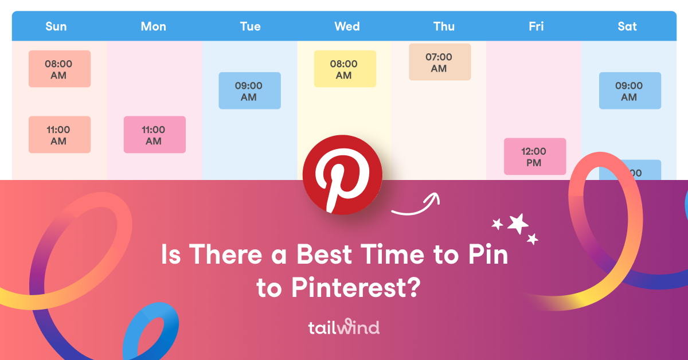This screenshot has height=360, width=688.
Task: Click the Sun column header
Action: point(56,26)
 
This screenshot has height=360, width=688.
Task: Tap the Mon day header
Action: point(153,26)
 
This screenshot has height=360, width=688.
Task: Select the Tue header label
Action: point(250,26)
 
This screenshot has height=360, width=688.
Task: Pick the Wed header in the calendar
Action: point(347,26)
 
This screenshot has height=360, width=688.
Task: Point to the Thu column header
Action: point(444,26)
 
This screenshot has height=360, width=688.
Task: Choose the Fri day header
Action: point(537,26)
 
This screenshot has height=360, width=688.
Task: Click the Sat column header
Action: point(627,26)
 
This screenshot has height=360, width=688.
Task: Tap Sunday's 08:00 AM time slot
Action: point(59,69)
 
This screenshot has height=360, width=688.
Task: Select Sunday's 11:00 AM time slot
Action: point(59,135)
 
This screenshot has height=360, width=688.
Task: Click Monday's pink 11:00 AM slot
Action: point(154,135)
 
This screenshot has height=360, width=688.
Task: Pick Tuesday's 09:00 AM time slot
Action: point(249,91)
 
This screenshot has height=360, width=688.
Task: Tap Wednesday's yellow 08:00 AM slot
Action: point(345,69)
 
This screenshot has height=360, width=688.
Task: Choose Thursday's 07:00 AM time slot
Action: point(439,62)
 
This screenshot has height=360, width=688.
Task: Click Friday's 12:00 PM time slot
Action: point(534,156)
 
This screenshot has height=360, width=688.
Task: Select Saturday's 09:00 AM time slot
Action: point(630,91)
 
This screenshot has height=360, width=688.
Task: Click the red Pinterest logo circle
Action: point(342,175)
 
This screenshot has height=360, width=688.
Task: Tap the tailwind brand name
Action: point(343,328)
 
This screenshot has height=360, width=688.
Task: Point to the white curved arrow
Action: point(416,206)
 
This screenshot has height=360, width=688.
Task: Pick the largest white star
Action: point(518,224)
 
